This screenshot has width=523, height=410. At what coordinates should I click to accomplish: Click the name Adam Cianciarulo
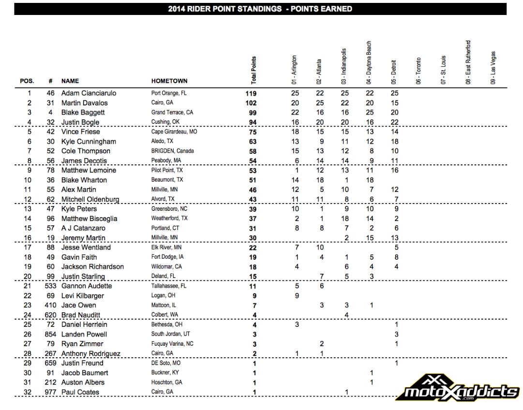pos(89,93)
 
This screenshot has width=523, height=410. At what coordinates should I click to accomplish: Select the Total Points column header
pos(254,70)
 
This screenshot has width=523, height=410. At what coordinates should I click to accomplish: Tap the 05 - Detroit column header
pos(392,73)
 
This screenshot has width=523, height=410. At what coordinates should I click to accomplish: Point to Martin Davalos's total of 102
pos(251,103)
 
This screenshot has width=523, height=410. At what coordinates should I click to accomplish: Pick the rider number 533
pos(50,286)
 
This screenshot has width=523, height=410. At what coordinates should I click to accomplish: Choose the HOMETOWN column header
pos(169,81)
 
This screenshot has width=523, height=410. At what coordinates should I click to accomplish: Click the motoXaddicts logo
pos(458,387)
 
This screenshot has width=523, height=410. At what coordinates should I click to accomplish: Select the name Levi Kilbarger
pos(82,295)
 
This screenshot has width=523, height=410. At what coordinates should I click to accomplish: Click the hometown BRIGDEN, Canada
pos(173,151)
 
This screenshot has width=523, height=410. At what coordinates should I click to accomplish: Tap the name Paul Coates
pos(80,392)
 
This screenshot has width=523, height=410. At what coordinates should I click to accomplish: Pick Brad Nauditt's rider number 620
pos(50,315)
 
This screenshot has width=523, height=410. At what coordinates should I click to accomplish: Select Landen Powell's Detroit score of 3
pos(396,334)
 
